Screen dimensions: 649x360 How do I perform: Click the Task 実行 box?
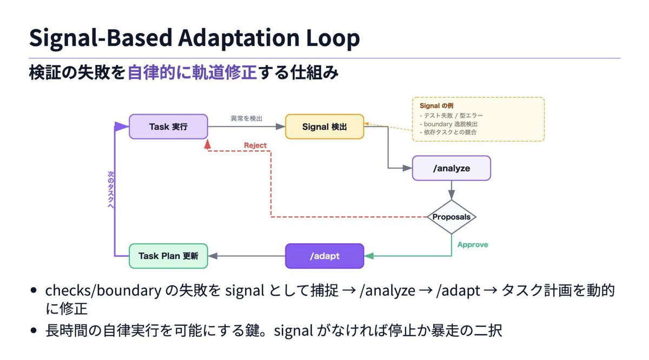(x=168, y=126)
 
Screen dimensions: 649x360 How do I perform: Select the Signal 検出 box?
(x=325, y=126)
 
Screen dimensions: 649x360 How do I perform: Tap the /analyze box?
(x=452, y=168)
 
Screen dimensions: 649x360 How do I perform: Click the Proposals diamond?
(x=452, y=217)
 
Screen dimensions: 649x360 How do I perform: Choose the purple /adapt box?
(x=325, y=256)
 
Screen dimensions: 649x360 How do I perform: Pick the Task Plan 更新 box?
(x=168, y=256)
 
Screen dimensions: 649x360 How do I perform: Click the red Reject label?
(x=255, y=145)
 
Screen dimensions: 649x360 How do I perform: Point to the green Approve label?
(x=473, y=245)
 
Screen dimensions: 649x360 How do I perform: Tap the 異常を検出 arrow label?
(x=247, y=118)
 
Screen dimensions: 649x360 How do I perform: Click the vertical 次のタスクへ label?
(x=111, y=190)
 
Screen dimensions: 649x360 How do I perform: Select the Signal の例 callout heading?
(x=436, y=106)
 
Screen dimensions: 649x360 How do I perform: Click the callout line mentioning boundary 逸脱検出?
(x=448, y=124)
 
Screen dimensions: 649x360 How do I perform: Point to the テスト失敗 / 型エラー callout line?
(x=451, y=116)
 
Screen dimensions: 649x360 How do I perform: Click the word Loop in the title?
(x=333, y=38)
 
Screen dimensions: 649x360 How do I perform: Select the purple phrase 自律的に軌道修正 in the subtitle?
(x=192, y=72)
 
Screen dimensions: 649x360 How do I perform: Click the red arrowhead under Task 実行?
(x=208, y=144)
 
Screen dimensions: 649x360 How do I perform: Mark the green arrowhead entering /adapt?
(x=369, y=256)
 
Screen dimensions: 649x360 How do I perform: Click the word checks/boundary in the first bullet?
(x=103, y=290)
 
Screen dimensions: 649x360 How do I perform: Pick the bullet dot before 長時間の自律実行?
(x=34, y=330)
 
